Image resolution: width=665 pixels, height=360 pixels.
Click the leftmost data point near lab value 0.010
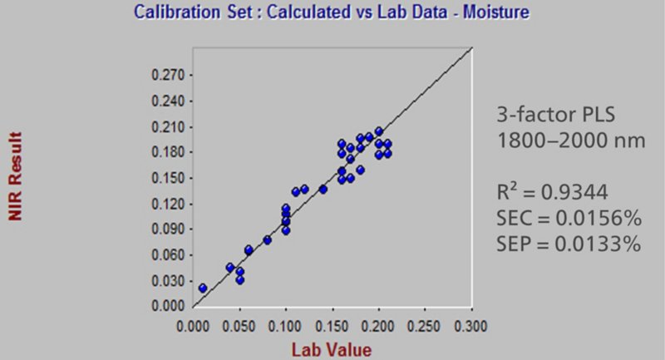203,288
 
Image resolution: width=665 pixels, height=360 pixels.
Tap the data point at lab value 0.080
268,239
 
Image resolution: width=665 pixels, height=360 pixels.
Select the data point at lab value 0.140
323,189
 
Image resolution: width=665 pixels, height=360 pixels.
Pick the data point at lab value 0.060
249,249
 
